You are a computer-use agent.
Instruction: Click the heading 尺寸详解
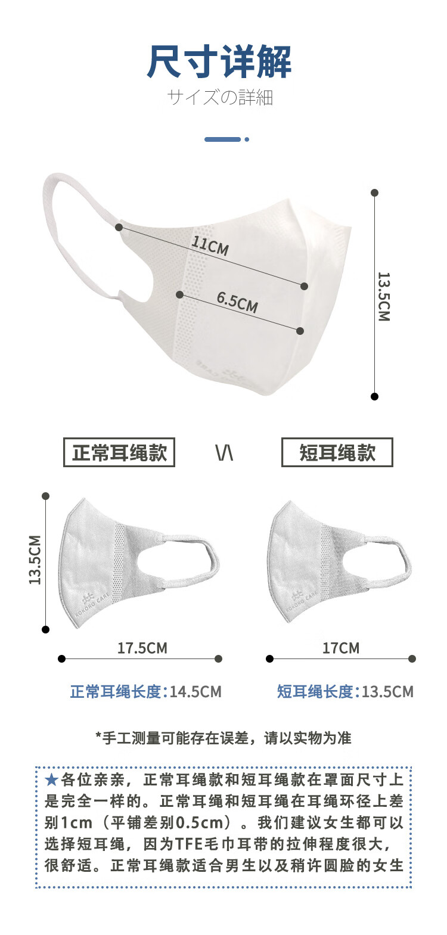point(219,62)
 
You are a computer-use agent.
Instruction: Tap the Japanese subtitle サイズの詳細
point(219,97)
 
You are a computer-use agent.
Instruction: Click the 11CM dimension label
point(210,245)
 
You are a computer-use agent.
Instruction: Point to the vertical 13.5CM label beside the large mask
point(383,296)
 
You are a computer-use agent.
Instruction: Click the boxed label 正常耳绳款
point(119,453)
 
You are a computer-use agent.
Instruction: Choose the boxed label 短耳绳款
point(337,453)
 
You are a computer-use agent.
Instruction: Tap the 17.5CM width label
point(142,648)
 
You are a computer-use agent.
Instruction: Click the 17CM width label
point(340,648)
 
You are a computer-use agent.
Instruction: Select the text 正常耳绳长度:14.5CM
point(145,692)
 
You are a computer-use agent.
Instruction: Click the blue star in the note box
point(52,779)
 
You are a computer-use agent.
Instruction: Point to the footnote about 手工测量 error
point(223,738)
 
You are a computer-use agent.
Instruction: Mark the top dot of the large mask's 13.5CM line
point(374,193)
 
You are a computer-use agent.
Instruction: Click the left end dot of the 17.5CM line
point(61,658)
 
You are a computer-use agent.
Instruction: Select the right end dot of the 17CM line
point(412,658)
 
